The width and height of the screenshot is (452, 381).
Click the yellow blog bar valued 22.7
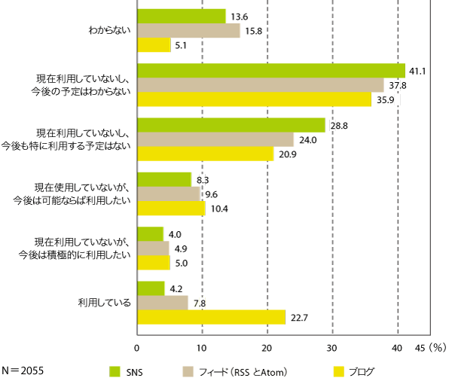pos(211,317)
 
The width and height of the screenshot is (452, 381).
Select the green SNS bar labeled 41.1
pos(271,71)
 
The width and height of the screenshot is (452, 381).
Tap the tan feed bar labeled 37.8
pos(261,85)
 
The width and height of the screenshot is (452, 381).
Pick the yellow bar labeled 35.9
pos(255,99)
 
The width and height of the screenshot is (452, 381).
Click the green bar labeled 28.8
pos(231,125)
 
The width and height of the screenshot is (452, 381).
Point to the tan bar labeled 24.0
pos(215,139)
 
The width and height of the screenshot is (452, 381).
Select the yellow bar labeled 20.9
pos(206,154)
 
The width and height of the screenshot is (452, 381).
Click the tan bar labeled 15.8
pos(189,30)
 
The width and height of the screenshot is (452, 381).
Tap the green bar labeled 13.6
pos(182,16)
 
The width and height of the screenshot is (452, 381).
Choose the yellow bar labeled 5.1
pos(154,45)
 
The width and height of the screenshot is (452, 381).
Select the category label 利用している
pos(105,303)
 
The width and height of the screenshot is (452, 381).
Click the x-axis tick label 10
pos(202,349)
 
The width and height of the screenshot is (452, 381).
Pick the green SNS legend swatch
pos(115,370)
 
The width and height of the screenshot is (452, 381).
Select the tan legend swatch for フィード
pos(190,370)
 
